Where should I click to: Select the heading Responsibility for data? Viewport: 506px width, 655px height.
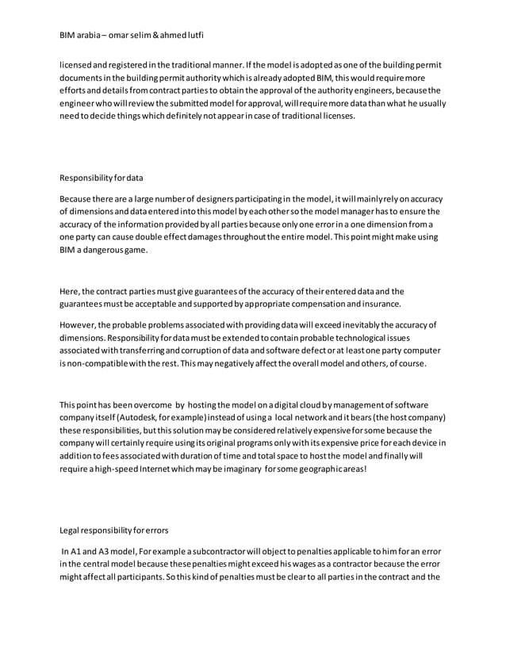coord(102,178)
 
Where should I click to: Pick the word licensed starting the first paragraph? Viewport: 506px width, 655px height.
coord(79,64)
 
